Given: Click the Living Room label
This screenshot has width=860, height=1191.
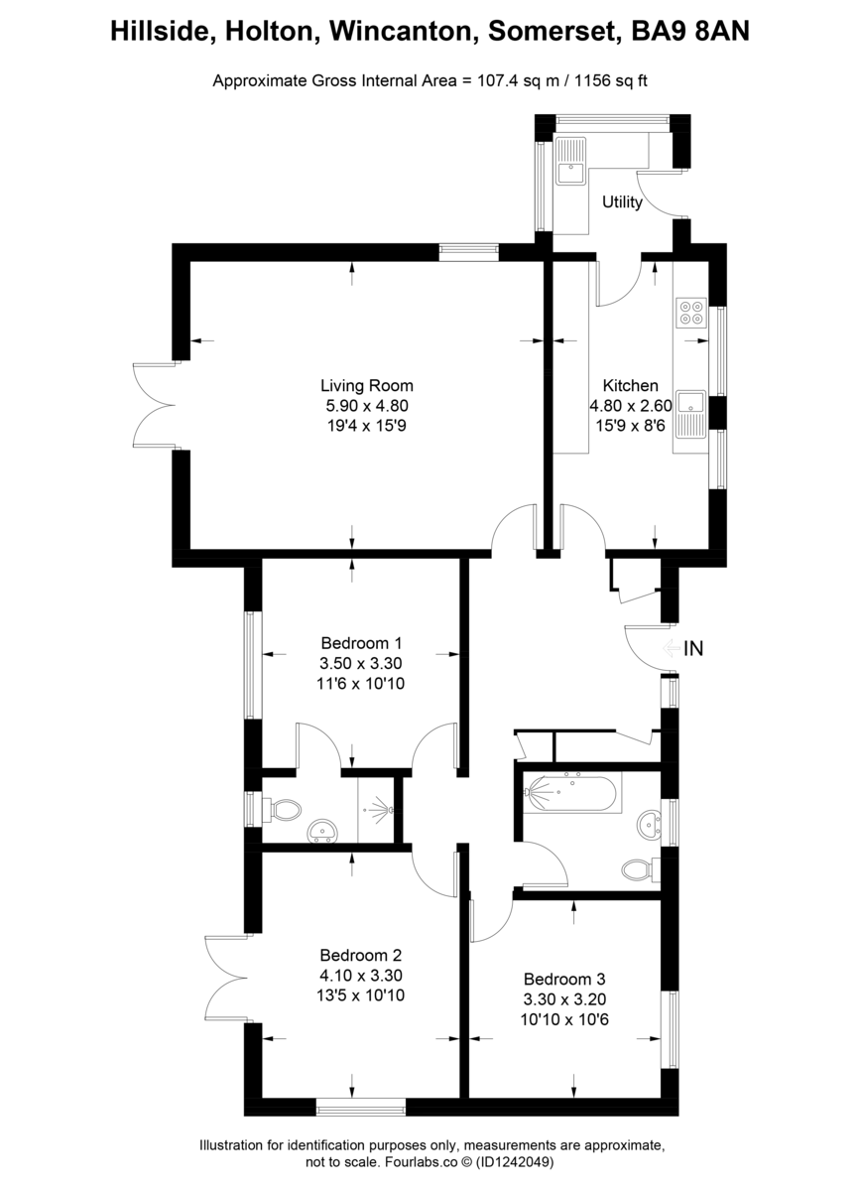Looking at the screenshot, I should coord(366,385).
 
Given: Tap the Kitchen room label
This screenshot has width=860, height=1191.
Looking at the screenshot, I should coord(630,385).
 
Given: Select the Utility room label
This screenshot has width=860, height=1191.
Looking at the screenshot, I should coord(622,202).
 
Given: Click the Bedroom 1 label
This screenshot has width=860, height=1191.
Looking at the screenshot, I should coord(362,642).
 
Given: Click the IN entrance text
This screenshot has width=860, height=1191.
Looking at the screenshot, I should coord(694,649).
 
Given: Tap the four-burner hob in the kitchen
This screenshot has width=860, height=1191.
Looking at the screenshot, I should coord(690,313).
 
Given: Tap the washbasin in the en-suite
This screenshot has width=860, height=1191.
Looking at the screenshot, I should coord(322,831).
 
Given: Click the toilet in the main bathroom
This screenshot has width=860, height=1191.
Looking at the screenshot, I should coord(640,869).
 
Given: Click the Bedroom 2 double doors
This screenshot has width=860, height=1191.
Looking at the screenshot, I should coord(226,978).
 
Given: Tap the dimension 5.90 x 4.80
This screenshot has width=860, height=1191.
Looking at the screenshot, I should coord(366,405).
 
